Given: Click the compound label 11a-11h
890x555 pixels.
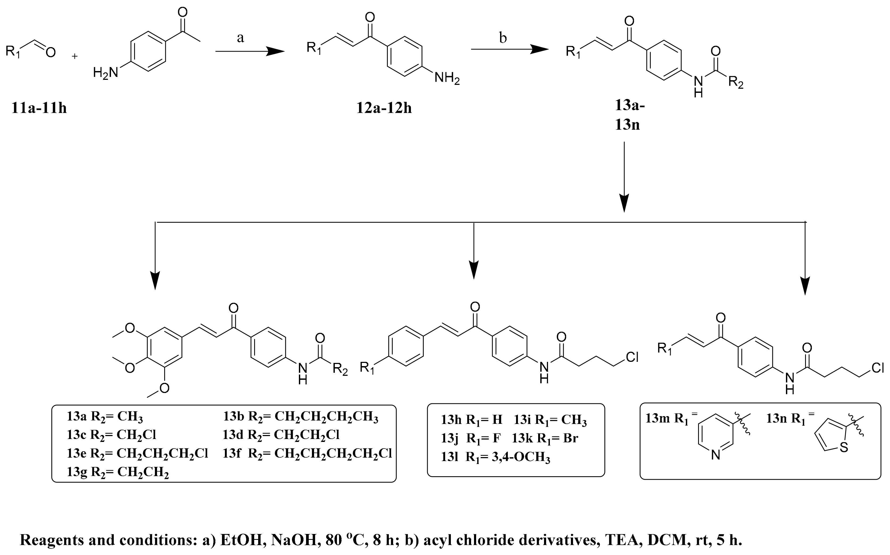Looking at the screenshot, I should [x=39, y=108].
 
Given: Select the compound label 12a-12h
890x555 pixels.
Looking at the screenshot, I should [x=384, y=108].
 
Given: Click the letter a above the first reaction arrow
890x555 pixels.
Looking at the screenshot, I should [x=241, y=38].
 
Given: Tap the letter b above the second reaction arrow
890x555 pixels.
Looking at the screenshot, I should [x=503, y=38].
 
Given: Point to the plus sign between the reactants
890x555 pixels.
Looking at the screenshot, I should [x=75, y=56].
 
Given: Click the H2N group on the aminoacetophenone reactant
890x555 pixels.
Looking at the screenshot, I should [x=105, y=73].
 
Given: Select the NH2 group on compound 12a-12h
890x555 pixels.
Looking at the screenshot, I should [x=447, y=78].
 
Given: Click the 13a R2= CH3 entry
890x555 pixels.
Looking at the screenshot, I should [x=105, y=417].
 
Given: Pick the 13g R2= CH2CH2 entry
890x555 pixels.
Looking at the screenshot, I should [x=117, y=472].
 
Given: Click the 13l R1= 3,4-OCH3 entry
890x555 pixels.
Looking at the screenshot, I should [x=495, y=457].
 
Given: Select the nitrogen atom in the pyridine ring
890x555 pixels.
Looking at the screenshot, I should [x=716, y=455].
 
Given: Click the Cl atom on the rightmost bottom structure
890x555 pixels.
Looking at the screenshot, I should [x=877, y=368].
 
